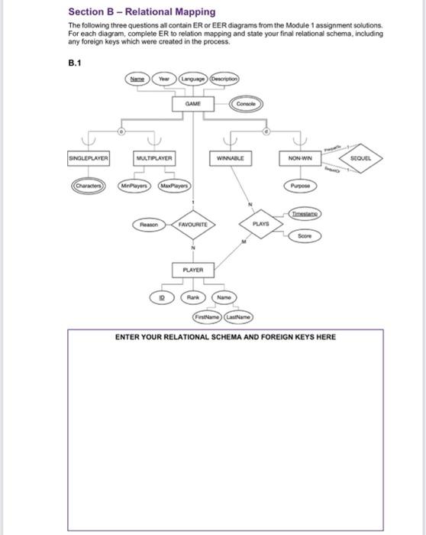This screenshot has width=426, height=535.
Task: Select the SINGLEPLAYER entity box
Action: [x=89, y=158]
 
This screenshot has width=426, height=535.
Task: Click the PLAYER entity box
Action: [x=192, y=270]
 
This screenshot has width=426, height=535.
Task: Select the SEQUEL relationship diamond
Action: [x=359, y=158]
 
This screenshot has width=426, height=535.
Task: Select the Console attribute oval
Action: [x=246, y=103]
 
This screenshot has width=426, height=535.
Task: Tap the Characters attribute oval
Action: [x=89, y=186]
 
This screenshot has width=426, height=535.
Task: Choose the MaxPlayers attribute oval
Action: [x=174, y=186]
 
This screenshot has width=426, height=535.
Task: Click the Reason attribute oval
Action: [x=149, y=225]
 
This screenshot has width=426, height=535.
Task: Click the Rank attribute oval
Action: [x=195, y=297]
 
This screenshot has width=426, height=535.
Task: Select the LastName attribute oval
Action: [x=238, y=316]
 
